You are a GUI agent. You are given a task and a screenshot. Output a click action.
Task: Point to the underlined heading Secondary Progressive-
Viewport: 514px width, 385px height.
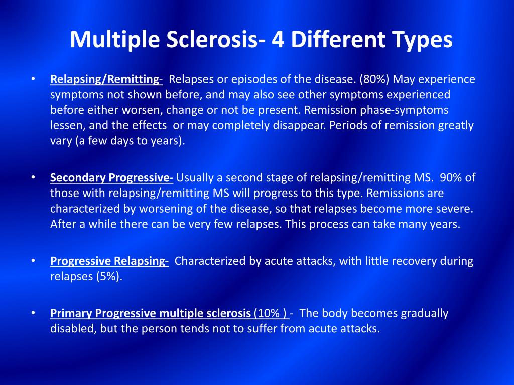tap(112, 178)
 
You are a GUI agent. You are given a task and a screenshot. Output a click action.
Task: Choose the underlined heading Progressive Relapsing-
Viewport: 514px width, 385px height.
tap(109, 261)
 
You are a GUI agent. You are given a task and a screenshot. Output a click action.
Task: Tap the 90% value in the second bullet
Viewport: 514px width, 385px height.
tap(452, 178)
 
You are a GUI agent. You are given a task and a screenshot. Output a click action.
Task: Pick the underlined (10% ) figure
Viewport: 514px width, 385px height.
tap(272, 314)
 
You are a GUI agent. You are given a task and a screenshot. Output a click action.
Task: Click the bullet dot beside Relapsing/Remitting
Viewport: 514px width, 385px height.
tap(33, 79)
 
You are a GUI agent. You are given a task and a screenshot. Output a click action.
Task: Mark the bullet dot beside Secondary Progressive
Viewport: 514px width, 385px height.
tap(33, 177)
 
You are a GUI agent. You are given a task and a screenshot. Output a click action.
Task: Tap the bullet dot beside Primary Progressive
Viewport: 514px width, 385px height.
tap(33, 313)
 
